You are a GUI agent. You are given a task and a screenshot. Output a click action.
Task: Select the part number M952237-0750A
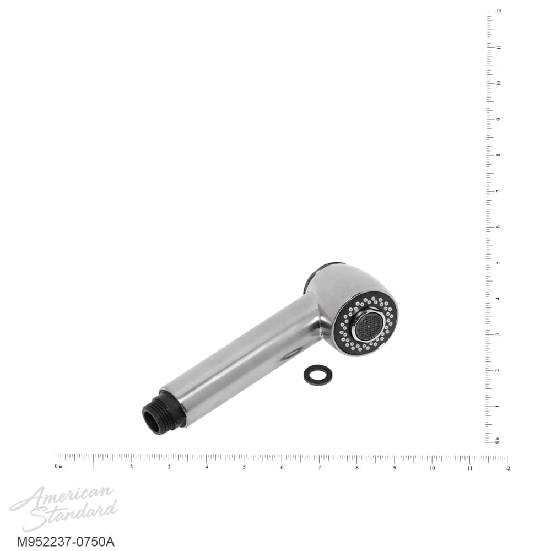click(66, 542)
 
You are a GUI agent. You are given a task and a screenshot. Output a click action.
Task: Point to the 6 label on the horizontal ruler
click(282, 467)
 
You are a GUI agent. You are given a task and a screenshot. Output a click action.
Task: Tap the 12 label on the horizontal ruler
click(507, 468)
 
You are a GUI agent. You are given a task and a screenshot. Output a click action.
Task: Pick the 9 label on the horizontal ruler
click(395, 468)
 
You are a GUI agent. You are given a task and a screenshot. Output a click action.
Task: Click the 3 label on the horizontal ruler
click(169, 467)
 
